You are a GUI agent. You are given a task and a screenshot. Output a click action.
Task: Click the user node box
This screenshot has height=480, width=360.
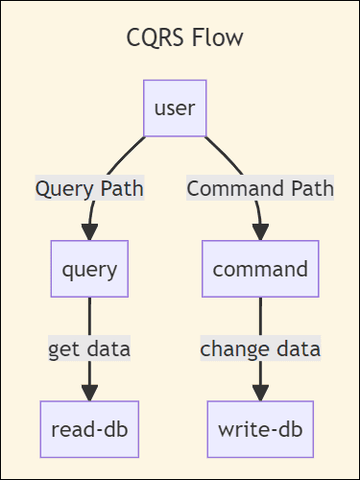pyautogui.click(x=175, y=108)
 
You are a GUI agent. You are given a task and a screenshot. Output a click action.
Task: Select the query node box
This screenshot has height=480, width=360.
pyautogui.click(x=89, y=268)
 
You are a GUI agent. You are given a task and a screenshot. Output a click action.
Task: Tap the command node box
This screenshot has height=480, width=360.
pyautogui.click(x=260, y=268)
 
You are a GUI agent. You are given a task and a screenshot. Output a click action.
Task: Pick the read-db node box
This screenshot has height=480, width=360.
pyautogui.click(x=89, y=428)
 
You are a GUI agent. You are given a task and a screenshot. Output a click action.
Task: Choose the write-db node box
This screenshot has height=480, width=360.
pyautogui.click(x=260, y=428)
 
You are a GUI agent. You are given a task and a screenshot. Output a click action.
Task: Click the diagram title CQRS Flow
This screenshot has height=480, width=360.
pyautogui.click(x=185, y=38)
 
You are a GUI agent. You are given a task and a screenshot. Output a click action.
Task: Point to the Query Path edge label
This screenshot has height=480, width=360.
pyautogui.click(x=89, y=188)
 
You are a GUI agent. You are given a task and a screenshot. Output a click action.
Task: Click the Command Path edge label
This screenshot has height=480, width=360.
pyautogui.click(x=260, y=188)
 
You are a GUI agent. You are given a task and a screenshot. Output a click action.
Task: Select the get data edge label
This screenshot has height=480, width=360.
pyautogui.click(x=89, y=348)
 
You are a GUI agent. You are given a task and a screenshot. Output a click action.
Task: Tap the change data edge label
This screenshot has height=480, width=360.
pyautogui.click(x=260, y=348)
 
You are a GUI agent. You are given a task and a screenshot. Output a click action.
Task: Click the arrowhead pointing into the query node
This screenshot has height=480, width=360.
pyautogui.click(x=89, y=233)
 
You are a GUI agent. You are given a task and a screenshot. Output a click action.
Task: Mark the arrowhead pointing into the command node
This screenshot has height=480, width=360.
pyautogui.click(x=260, y=233)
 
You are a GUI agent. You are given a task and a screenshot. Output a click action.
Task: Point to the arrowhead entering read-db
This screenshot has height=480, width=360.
pyautogui.click(x=89, y=394)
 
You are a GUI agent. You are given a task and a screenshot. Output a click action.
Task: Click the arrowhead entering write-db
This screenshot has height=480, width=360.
pyautogui.click(x=260, y=394)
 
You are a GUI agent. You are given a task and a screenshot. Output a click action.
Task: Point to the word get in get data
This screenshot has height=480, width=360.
pyautogui.click(x=65, y=348)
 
